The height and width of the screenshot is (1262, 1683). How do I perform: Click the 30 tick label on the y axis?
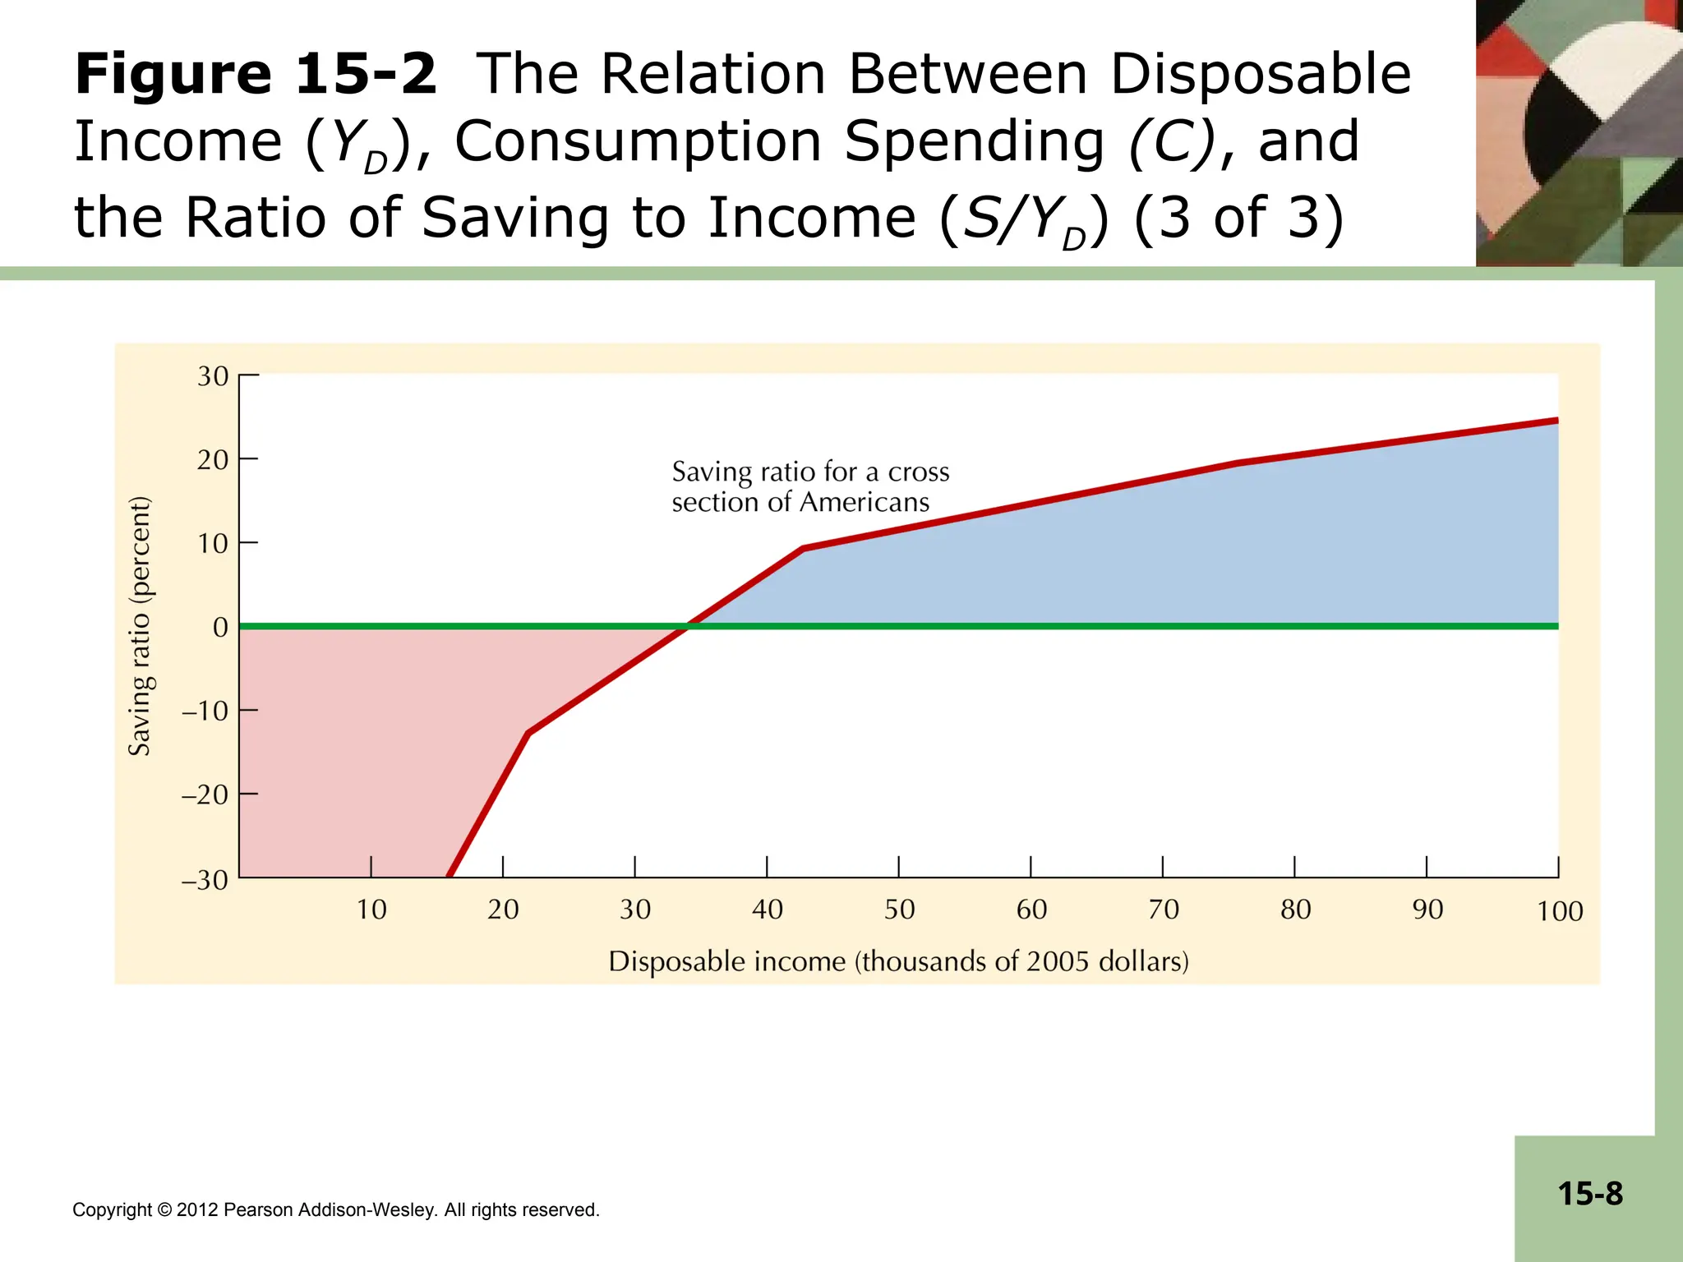pos(213,376)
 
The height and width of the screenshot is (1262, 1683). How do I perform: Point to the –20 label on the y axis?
pos(205,795)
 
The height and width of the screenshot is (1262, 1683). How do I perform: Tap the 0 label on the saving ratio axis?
pos(220,628)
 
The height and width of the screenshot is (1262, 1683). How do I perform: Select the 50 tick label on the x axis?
pos(899,910)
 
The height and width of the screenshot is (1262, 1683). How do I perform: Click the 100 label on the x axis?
pos(1560,911)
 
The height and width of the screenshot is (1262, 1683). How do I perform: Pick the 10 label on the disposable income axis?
pos(371,910)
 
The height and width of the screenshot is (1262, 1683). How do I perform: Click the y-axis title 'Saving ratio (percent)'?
pos(141,626)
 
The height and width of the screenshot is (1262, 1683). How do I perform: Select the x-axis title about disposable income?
pos(898,961)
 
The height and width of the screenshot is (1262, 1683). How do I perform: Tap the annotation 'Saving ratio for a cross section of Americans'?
pos(809,486)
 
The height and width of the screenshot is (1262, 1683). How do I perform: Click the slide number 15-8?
pos(1590,1194)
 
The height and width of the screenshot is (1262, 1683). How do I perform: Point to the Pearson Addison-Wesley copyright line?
pos(335,1209)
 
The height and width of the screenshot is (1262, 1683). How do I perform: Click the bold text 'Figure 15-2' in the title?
pos(256,74)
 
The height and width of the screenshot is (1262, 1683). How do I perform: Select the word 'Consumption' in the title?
pos(639,141)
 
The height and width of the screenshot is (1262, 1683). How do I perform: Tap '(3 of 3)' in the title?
pos(1238,218)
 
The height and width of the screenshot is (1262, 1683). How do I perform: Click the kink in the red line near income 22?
pos(528,733)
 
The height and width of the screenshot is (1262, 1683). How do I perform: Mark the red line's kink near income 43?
pos(803,548)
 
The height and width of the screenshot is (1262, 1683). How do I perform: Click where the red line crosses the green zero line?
pos(688,626)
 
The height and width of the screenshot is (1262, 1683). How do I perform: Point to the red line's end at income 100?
pos(1556,421)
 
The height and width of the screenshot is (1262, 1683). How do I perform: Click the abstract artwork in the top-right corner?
pos(1579,132)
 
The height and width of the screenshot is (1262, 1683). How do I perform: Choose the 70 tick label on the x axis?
pos(1164,910)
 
